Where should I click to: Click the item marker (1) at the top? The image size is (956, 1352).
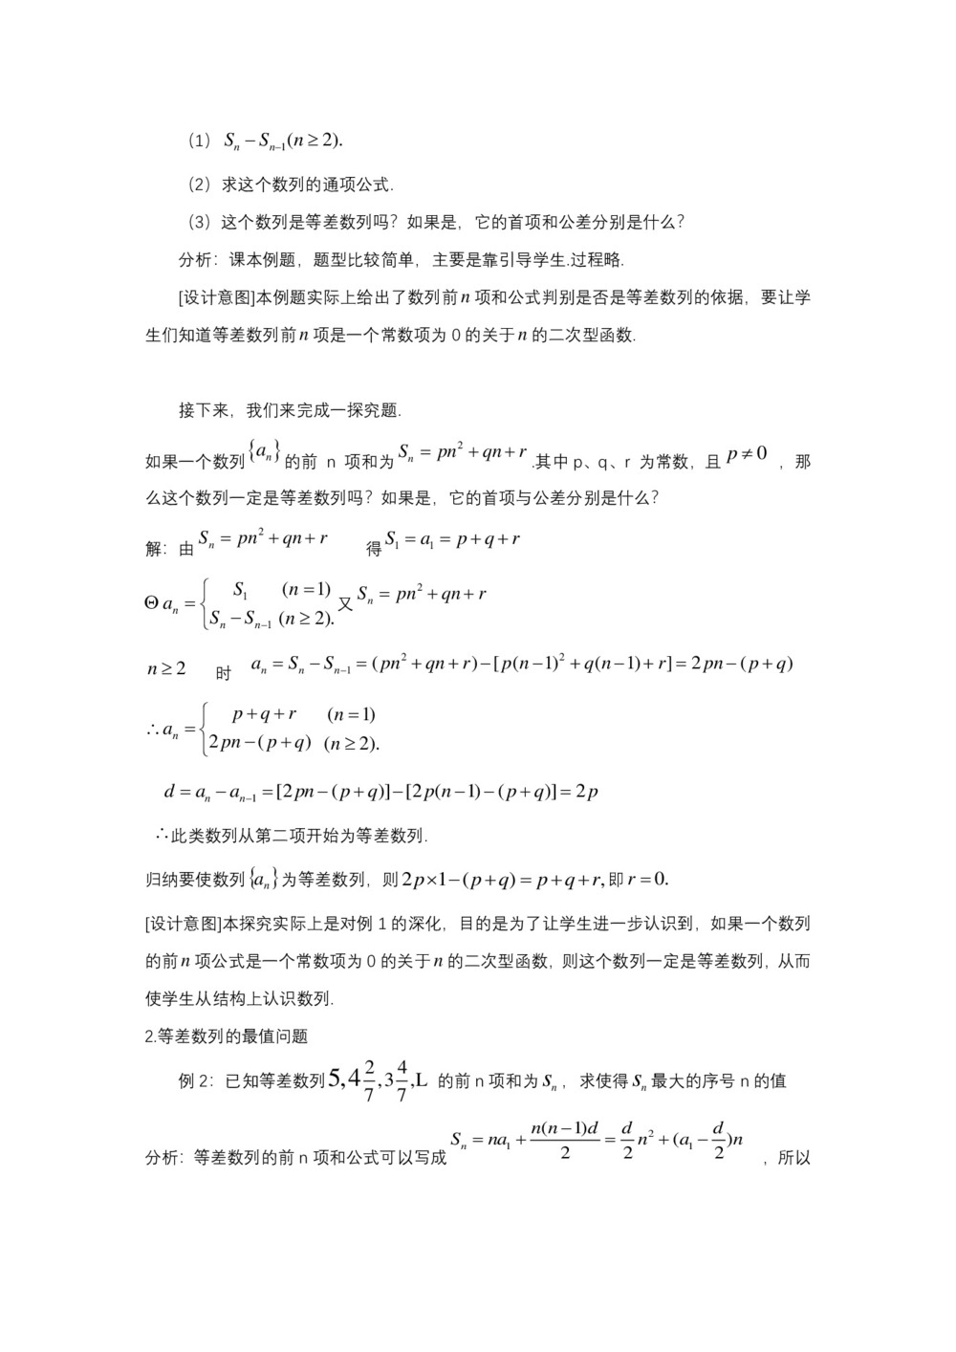click(x=198, y=142)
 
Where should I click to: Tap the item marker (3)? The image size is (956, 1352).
click(x=198, y=223)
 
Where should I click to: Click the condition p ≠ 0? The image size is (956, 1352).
click(x=747, y=454)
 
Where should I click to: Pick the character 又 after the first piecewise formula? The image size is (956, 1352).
click(x=346, y=604)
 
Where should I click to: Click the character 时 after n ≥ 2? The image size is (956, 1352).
click(x=223, y=673)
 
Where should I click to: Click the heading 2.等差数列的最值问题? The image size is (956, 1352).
click(x=226, y=1036)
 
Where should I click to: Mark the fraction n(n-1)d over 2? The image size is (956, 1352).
click(x=564, y=1140)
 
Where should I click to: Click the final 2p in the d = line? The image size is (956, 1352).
click(x=586, y=793)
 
